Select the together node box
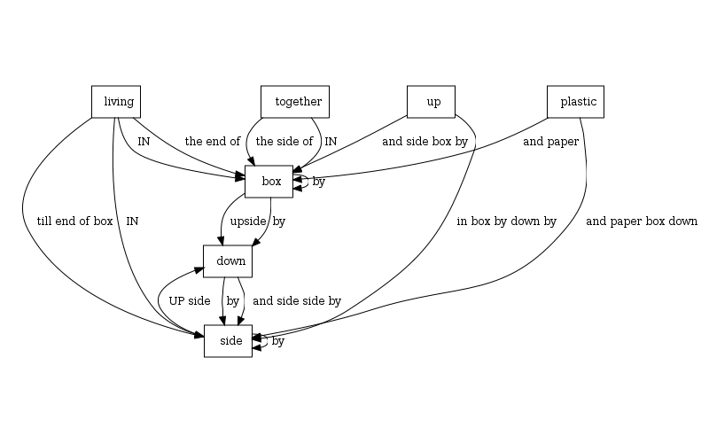click(295, 102)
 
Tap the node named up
click(431, 102)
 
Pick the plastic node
click(575, 102)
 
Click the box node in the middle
click(269, 182)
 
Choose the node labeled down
click(229, 261)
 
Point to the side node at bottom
click(229, 341)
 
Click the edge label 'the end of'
click(212, 141)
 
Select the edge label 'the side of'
click(284, 141)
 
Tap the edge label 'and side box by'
click(425, 141)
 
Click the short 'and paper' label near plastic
click(550, 141)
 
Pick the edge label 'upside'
click(248, 221)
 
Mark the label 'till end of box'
click(74, 221)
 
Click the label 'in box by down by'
click(506, 221)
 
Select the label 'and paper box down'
click(642, 221)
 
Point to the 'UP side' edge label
click(190, 300)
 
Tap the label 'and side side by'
click(296, 300)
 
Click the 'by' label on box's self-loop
click(319, 182)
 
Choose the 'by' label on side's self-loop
click(278, 341)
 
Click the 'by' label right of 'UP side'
click(232, 300)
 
